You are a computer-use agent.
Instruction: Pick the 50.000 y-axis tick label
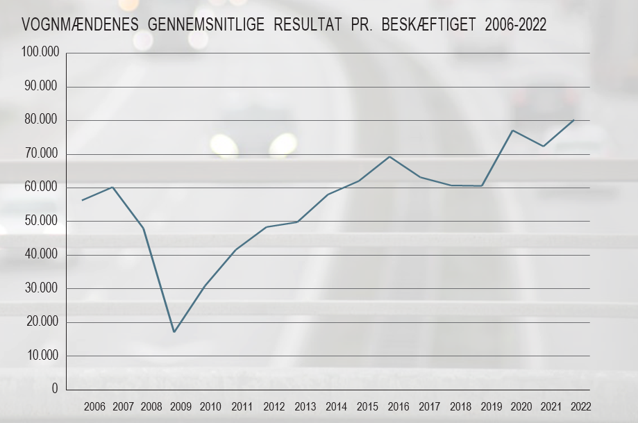[42, 222]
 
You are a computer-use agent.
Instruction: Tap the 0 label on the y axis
[55, 390]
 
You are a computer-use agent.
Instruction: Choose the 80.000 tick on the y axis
[42, 121]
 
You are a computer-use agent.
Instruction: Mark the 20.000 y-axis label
[42, 322]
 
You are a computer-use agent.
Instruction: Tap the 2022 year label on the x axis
[580, 406]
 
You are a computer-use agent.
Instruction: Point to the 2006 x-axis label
[94, 406]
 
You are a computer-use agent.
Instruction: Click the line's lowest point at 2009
[174, 332]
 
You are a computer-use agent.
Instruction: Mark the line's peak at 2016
[390, 156]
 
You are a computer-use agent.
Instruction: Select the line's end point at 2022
[573, 120]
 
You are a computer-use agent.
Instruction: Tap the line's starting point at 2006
[83, 200]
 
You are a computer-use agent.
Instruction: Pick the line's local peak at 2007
[112, 187]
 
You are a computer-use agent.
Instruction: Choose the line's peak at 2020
[512, 131]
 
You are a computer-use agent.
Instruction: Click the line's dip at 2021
[543, 146]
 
